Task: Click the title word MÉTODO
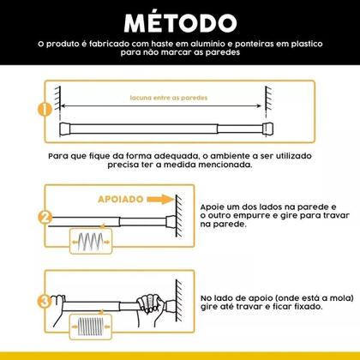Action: (179, 21)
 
